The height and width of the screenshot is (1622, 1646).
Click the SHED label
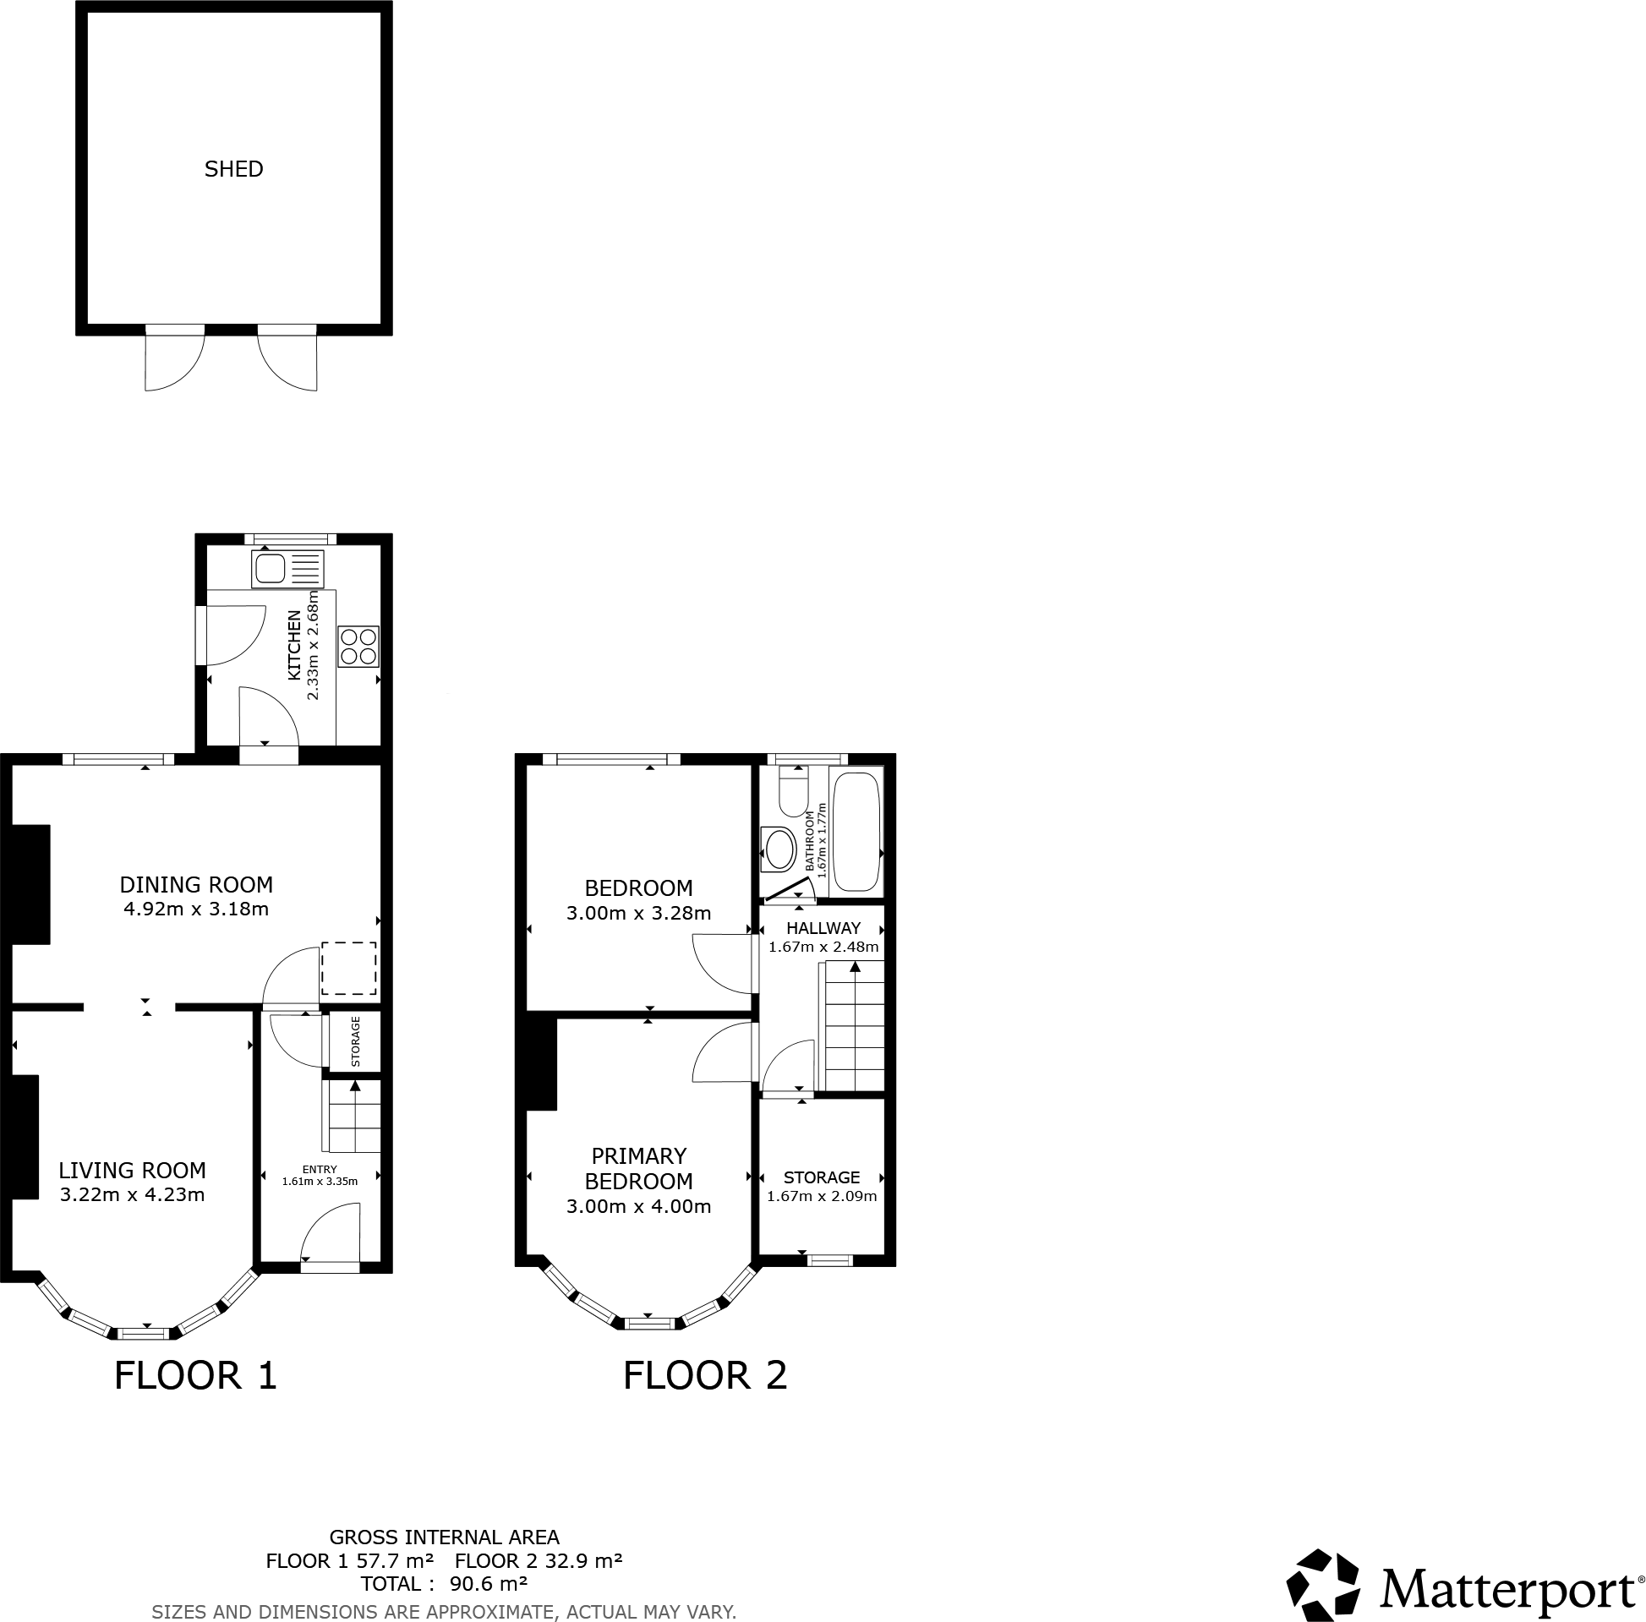pyautogui.click(x=233, y=169)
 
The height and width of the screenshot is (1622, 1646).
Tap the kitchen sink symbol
pyautogui.click(x=287, y=568)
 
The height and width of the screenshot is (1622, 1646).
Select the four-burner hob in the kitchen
pyautogui.click(x=358, y=646)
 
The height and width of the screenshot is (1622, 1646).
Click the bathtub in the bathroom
pyautogui.click(x=856, y=832)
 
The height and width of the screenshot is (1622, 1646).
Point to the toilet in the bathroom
pyautogui.click(x=793, y=790)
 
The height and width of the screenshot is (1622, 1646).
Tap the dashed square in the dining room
pyautogui.click(x=348, y=969)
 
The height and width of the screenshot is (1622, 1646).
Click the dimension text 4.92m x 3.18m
pyautogui.click(x=196, y=909)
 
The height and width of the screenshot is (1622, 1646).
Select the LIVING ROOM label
pyautogui.click(x=132, y=1171)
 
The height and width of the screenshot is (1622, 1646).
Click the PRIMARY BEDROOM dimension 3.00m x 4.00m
pyautogui.click(x=638, y=1206)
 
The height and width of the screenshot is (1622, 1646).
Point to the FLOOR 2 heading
pyautogui.click(x=704, y=1376)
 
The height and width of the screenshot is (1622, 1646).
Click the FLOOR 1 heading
pyautogui.click(x=196, y=1376)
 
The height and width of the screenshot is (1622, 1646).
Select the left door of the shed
pyautogui.click(x=174, y=358)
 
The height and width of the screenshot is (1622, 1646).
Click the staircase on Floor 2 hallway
pyautogui.click(x=853, y=1026)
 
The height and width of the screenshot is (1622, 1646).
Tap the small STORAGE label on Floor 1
pyautogui.click(x=355, y=1042)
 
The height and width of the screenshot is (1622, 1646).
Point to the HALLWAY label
pyautogui.click(x=823, y=928)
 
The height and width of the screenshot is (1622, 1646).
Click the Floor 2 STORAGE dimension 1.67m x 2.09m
pyautogui.click(x=821, y=1196)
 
